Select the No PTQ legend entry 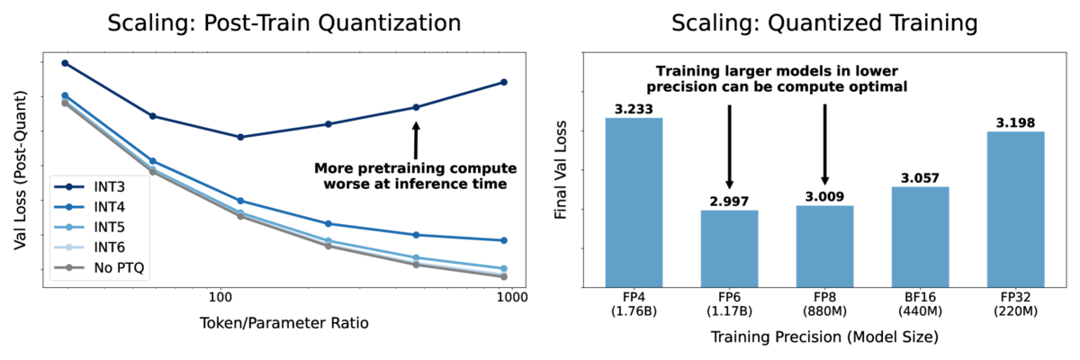click(103, 267)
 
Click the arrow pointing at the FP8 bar click(825, 144)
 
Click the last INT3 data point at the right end click(503, 82)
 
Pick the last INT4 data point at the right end click(503, 240)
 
